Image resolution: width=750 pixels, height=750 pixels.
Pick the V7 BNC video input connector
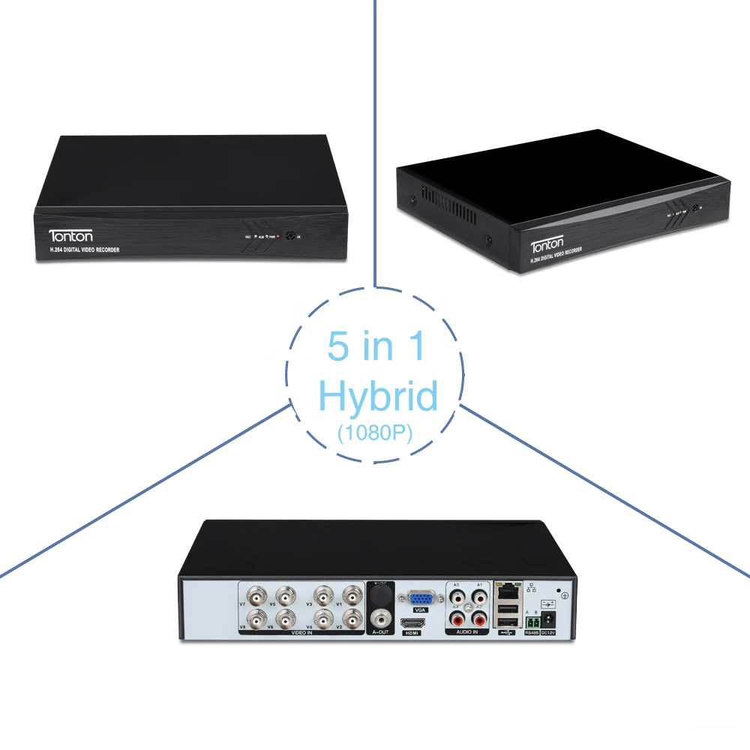tap(256, 597)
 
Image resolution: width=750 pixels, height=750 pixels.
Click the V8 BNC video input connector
tap(256, 620)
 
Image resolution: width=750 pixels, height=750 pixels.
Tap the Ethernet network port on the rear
tap(507, 591)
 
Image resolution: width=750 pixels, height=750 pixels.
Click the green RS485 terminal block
tap(532, 622)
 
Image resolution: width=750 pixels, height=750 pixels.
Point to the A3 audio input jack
tap(457, 597)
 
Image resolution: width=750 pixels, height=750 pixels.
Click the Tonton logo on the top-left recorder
tap(71, 235)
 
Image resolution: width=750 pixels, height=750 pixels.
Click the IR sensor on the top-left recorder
tap(288, 235)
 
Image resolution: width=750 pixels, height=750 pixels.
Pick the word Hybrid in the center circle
tap(378, 396)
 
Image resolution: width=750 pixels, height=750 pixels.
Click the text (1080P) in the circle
tap(376, 434)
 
